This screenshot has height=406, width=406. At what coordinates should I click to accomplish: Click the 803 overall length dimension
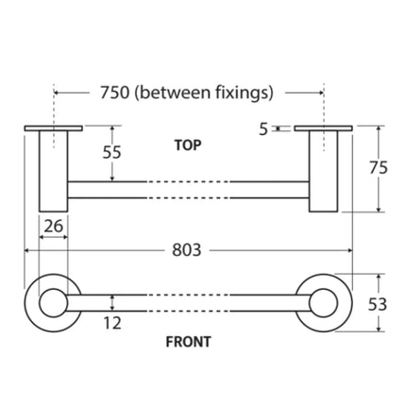point(186,250)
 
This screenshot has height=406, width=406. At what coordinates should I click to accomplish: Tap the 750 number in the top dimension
point(115,93)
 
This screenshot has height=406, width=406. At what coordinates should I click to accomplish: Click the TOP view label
point(188,145)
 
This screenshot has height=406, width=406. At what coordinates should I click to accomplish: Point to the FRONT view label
point(188,342)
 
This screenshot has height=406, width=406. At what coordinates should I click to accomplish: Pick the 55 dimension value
point(111,152)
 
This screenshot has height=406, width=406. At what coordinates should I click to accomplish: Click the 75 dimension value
point(379,168)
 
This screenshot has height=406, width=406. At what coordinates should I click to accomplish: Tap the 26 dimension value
point(53,227)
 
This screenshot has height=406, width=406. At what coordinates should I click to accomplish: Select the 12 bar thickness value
point(112,323)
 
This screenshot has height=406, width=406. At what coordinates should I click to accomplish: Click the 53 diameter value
point(378,304)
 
